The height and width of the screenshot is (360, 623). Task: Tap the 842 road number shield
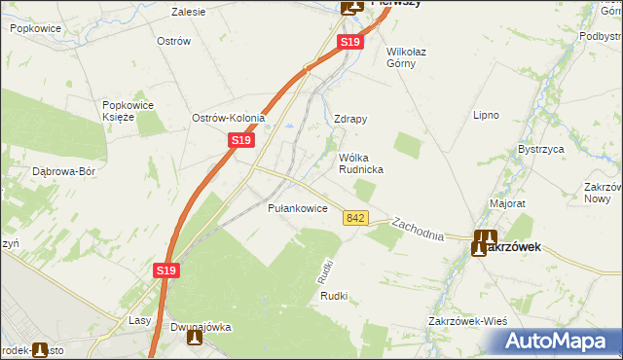[x=355, y=220]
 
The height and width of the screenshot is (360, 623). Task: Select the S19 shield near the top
[x=351, y=43]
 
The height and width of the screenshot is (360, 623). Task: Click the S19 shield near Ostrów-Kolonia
[x=242, y=141]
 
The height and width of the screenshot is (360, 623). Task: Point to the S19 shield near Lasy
[x=165, y=275]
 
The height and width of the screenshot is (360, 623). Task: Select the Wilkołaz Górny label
[x=415, y=57]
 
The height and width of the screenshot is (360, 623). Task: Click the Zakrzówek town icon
[x=485, y=242]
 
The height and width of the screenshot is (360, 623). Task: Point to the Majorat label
[x=507, y=204]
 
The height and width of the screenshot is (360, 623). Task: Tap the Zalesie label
[x=188, y=13]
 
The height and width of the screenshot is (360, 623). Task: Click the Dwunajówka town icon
[x=193, y=339]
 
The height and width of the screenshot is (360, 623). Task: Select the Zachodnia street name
[x=419, y=230]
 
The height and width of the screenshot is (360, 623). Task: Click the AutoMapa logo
[x=560, y=341]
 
